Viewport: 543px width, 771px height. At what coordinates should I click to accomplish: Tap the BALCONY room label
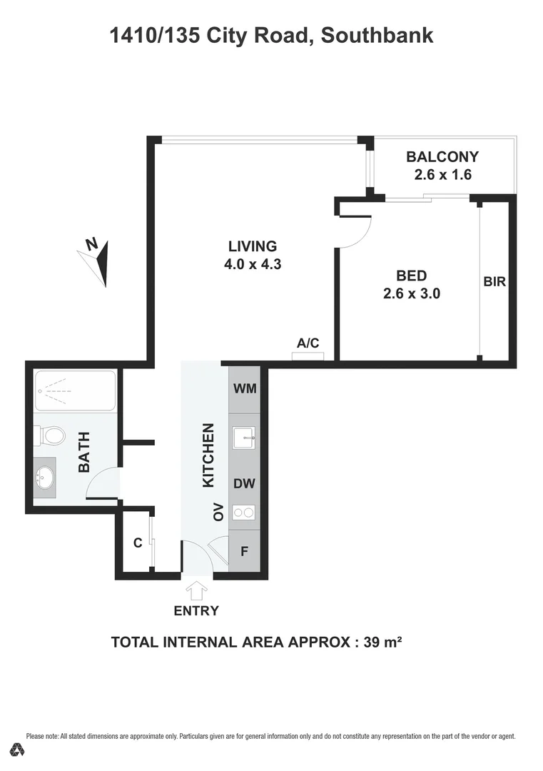pyautogui.click(x=442, y=157)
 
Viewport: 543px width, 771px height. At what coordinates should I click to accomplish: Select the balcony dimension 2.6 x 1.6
pyautogui.click(x=442, y=174)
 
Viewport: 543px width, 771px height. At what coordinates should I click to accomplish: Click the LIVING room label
pyautogui.click(x=252, y=246)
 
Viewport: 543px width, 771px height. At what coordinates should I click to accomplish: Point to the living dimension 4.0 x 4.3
pyautogui.click(x=252, y=263)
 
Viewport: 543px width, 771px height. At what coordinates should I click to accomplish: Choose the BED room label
pyautogui.click(x=412, y=276)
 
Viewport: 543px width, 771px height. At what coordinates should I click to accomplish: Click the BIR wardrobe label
pyautogui.click(x=494, y=282)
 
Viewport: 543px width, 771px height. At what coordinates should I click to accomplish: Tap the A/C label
pyautogui.click(x=308, y=343)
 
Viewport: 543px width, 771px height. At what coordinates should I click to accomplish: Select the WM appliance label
pyautogui.click(x=245, y=389)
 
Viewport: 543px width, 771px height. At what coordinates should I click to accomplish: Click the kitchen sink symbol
pyautogui.click(x=245, y=436)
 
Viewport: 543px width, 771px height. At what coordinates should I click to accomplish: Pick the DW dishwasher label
pyautogui.click(x=245, y=483)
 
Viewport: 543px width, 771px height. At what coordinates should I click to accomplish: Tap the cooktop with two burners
pyautogui.click(x=245, y=512)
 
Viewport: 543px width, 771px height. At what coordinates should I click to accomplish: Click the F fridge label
pyautogui.click(x=244, y=551)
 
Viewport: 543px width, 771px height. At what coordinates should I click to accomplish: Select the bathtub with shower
pyautogui.click(x=75, y=390)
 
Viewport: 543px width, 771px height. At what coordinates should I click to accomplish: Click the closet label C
pyautogui.click(x=138, y=543)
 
